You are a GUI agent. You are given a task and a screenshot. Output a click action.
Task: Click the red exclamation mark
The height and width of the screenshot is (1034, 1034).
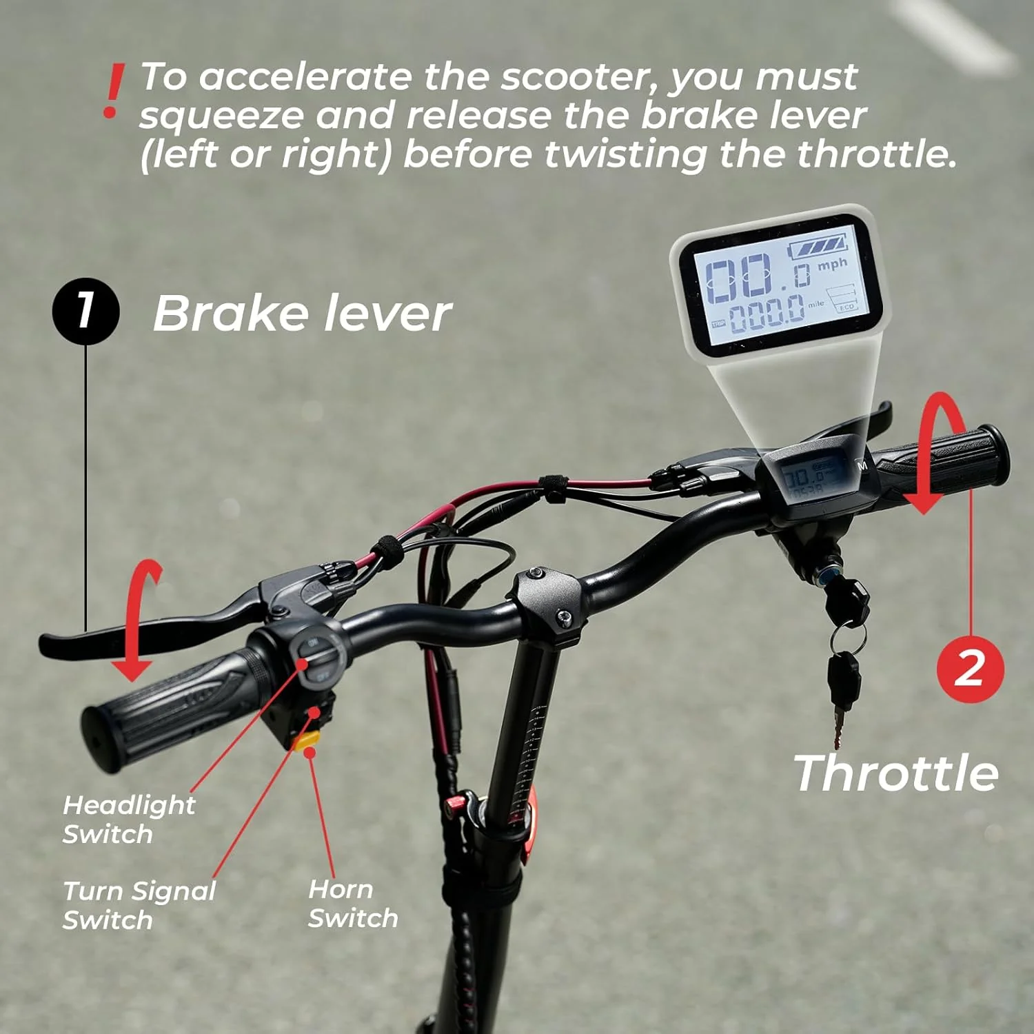[112, 92]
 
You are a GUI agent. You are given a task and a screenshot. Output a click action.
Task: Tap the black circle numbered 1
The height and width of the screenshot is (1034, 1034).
[85, 310]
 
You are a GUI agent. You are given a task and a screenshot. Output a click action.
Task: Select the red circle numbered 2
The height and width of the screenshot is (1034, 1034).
[970, 668]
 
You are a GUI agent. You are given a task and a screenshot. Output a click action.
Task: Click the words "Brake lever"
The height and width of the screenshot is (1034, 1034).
[302, 314]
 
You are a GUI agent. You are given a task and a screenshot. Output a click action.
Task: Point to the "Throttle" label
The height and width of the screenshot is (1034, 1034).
[895, 773]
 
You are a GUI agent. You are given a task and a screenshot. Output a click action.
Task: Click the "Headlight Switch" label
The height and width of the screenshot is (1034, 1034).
[129, 819]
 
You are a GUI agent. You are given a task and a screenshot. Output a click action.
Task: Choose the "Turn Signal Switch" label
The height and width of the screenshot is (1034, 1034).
[139, 905]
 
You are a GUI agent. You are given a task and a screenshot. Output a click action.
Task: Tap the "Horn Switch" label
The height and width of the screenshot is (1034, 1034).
[352, 904]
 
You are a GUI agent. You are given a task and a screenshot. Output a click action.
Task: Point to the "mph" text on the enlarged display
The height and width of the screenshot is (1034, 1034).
[832, 264]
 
